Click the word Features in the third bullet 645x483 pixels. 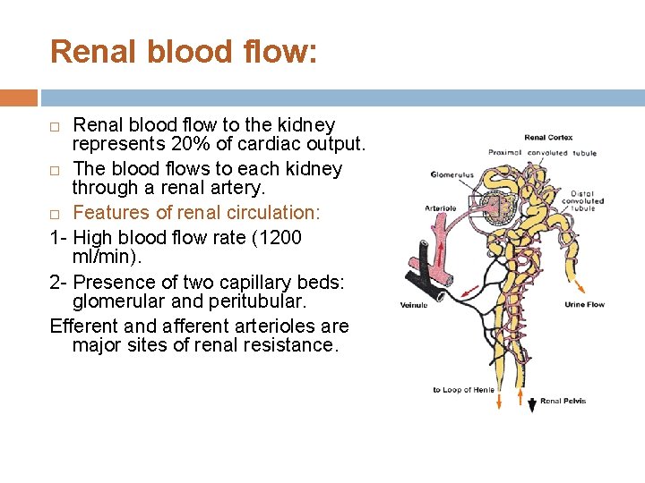click(x=110, y=212)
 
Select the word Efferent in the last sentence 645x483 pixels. click(x=85, y=326)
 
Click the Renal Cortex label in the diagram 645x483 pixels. click(x=548, y=138)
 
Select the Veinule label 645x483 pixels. click(x=414, y=305)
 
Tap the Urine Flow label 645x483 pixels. click(x=585, y=305)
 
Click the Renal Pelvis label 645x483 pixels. click(x=563, y=402)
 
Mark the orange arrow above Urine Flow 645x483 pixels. click(x=579, y=286)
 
